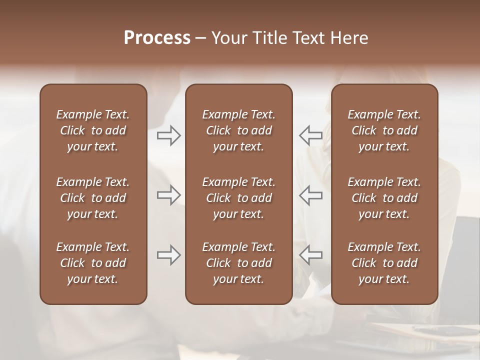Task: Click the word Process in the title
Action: [157, 38]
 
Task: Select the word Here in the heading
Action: [348, 38]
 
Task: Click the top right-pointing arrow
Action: [168, 135]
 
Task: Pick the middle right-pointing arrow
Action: [168, 195]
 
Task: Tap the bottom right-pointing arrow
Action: [168, 255]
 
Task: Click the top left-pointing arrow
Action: [310, 135]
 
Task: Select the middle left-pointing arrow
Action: [310, 195]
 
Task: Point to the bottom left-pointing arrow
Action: [310, 255]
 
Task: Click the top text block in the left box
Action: [93, 130]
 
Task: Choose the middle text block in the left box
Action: [93, 198]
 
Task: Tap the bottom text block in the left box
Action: [93, 263]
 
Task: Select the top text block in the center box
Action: [238, 130]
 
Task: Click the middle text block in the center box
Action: [238, 198]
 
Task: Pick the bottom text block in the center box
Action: [238, 263]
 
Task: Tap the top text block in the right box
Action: [384, 130]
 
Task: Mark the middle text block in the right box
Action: [384, 198]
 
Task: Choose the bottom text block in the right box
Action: [384, 263]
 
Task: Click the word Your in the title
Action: [228, 38]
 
